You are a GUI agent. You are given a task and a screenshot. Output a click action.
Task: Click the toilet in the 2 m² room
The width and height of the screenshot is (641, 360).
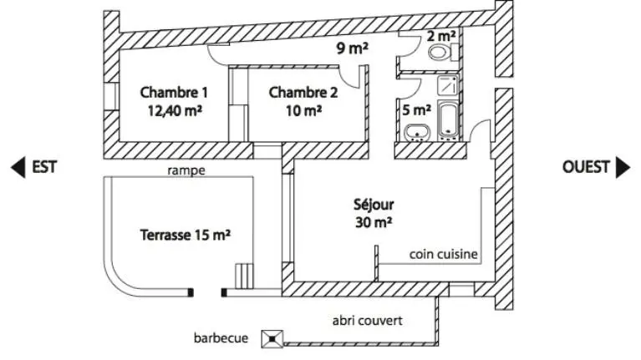click(443, 53)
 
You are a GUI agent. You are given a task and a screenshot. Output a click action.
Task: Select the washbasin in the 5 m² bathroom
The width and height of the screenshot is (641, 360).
click(417, 133)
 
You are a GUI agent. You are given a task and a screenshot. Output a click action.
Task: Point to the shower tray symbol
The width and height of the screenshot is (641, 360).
click(448, 85)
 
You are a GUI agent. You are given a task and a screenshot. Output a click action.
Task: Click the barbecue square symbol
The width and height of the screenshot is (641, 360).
click(272, 339)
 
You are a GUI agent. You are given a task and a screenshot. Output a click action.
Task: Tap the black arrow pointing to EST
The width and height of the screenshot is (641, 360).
click(18, 167)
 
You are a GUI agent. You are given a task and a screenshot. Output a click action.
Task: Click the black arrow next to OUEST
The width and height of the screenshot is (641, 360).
click(623, 167)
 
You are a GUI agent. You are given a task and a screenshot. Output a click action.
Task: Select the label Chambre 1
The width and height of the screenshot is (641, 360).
click(174, 93)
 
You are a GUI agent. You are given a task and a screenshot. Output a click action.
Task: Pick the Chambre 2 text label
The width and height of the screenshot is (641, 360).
click(303, 93)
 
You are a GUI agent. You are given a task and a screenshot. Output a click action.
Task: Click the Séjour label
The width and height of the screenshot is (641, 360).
click(374, 205)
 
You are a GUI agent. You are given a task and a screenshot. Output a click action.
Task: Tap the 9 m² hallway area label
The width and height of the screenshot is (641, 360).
click(353, 48)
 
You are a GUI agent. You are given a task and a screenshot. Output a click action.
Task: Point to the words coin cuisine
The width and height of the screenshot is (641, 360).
click(444, 254)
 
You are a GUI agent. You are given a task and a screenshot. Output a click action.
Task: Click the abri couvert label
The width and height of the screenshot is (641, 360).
click(367, 321)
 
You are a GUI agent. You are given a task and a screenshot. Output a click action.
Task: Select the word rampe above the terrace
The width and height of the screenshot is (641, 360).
click(186, 170)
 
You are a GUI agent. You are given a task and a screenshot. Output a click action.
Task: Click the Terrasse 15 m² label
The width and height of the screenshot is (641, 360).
click(186, 235)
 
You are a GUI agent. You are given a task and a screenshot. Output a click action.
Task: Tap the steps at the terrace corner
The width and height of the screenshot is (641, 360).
click(244, 276)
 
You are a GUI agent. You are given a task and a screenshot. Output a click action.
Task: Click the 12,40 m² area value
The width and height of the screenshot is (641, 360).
click(175, 110)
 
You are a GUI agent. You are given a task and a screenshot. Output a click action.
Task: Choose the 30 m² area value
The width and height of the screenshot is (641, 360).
click(374, 222)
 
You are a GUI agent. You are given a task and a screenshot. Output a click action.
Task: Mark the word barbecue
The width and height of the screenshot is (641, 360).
click(221, 338)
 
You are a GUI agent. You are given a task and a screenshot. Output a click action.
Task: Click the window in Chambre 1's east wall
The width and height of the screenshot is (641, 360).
click(111, 96)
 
